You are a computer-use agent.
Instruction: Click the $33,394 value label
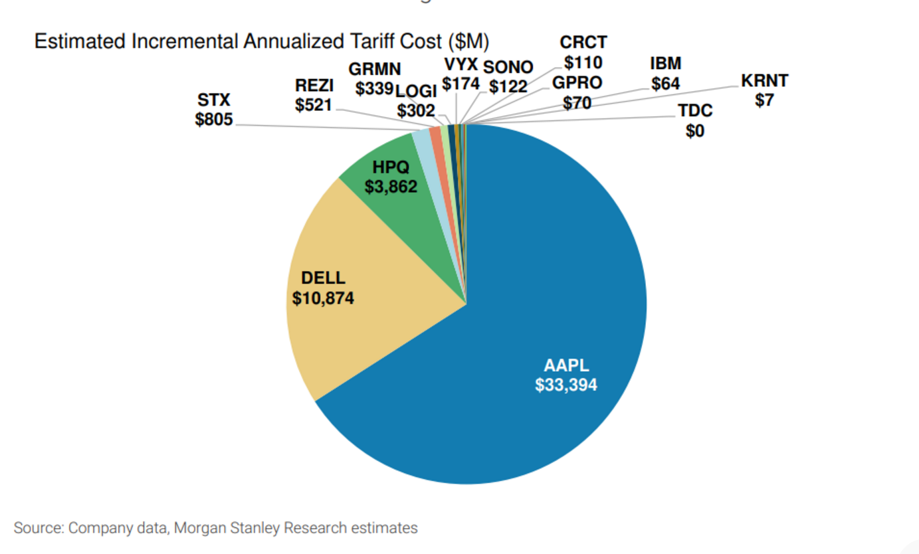pos(566,385)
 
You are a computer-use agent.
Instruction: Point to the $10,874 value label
pos(323,298)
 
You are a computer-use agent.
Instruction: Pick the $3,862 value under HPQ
pos(391,187)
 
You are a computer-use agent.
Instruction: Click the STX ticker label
pos(213,101)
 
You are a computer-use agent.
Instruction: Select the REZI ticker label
pos(314,86)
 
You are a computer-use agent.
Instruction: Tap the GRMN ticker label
pos(374,70)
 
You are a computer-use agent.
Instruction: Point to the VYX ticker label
pos(460,66)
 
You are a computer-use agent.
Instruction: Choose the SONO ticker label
pos(508,67)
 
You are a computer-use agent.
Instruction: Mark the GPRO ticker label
pos(577,84)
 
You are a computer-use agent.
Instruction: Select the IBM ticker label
pos(666,64)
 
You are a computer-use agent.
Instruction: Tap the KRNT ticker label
pos(764,82)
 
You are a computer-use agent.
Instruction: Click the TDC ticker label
pos(695,111)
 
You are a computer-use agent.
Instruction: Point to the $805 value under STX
pos(213,120)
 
